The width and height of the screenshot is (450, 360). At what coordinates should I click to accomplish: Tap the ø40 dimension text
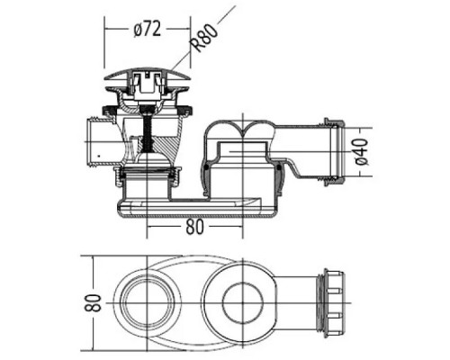click(x=361, y=154)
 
